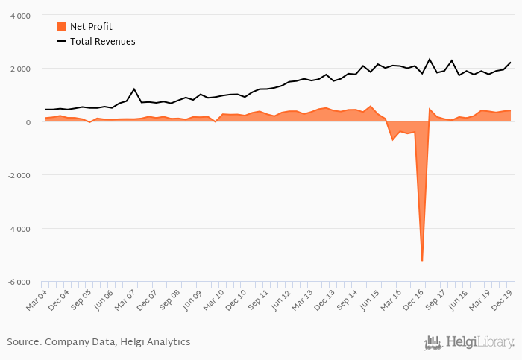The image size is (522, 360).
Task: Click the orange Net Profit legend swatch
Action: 61,27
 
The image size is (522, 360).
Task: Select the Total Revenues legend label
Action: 102,42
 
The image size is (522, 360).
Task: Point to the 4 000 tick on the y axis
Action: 20,16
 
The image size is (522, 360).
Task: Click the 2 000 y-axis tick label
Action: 20,69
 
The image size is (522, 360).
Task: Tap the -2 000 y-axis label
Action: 19,175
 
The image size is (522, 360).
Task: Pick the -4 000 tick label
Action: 19,229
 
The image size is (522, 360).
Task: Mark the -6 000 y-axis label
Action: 19,282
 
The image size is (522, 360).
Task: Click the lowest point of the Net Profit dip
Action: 422,260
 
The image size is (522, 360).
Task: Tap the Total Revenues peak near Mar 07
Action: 134,89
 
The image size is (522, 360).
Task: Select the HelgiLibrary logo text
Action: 480,343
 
